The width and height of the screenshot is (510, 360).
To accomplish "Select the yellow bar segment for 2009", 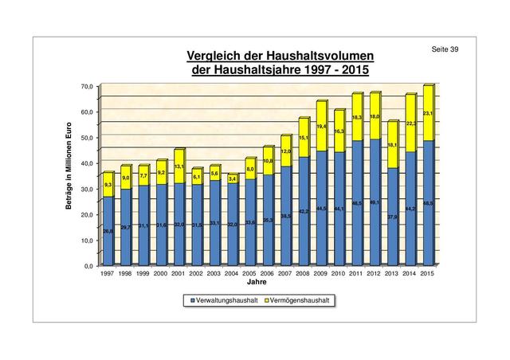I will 321,126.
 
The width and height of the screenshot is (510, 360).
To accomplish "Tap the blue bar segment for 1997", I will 108,231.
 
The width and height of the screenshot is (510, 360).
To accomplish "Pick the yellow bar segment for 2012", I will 374,116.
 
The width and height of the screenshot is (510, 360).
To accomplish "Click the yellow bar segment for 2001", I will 178,167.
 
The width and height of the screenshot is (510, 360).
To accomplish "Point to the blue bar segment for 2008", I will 303,211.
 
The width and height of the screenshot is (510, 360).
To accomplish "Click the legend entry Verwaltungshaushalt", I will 222,300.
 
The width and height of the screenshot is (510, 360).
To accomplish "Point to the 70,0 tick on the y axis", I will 87,86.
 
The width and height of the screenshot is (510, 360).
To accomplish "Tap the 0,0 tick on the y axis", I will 88,265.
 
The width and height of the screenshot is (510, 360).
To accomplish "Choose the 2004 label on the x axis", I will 232,273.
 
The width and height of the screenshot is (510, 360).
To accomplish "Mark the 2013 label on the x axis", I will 391,273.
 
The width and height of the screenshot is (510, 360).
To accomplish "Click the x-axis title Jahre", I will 257,282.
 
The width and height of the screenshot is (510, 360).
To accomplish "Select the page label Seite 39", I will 445,50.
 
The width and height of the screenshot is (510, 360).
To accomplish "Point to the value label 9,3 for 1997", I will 108,185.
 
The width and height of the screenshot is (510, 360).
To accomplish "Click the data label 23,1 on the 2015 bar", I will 427,114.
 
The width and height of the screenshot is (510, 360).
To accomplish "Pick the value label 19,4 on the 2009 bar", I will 321,126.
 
